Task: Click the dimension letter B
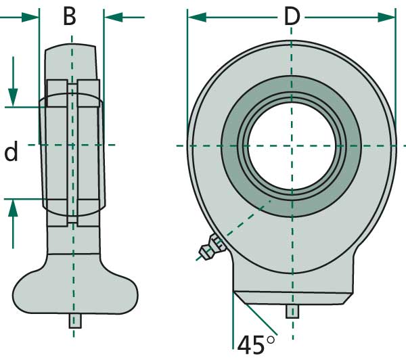point(70,16)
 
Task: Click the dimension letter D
point(291,16)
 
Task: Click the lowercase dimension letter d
point(11,153)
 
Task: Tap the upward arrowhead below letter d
point(13,208)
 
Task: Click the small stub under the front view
point(292,312)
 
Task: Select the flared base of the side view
point(74,288)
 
